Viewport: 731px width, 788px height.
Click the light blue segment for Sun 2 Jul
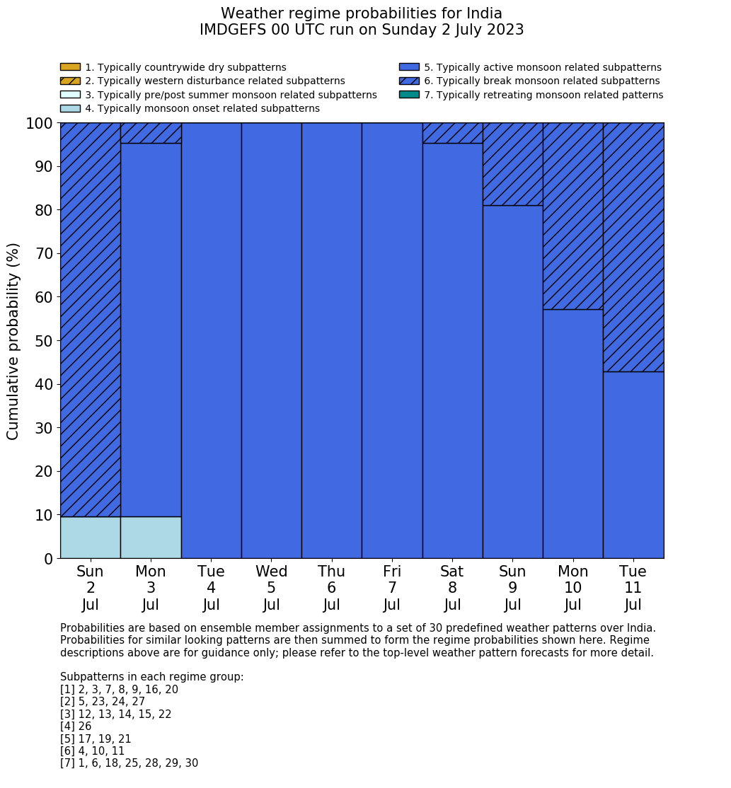click(90, 538)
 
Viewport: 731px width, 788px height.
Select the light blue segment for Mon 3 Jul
click(151, 538)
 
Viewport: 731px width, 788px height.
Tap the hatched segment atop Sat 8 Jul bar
click(452, 133)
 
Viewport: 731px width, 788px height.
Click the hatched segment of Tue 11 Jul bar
click(633, 247)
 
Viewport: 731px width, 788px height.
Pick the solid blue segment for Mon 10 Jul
click(572, 434)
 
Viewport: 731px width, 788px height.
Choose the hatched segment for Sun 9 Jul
click(512, 164)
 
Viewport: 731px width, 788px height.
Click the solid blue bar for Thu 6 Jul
click(331, 340)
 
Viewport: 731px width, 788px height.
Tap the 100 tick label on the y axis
click(40, 123)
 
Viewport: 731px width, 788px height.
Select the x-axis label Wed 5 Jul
click(271, 588)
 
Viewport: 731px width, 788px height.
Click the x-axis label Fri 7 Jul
click(392, 588)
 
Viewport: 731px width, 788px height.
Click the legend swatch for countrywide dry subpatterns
click(70, 67)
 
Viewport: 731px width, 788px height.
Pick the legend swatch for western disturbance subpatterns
click(70, 81)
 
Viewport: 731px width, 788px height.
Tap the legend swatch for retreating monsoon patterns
click(409, 95)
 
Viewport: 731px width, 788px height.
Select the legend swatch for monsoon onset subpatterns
click(70, 108)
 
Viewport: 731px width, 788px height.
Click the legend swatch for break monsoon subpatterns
click(409, 81)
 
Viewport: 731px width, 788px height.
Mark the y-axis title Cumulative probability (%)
click(13, 341)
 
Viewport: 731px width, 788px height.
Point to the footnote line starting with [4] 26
click(76, 726)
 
